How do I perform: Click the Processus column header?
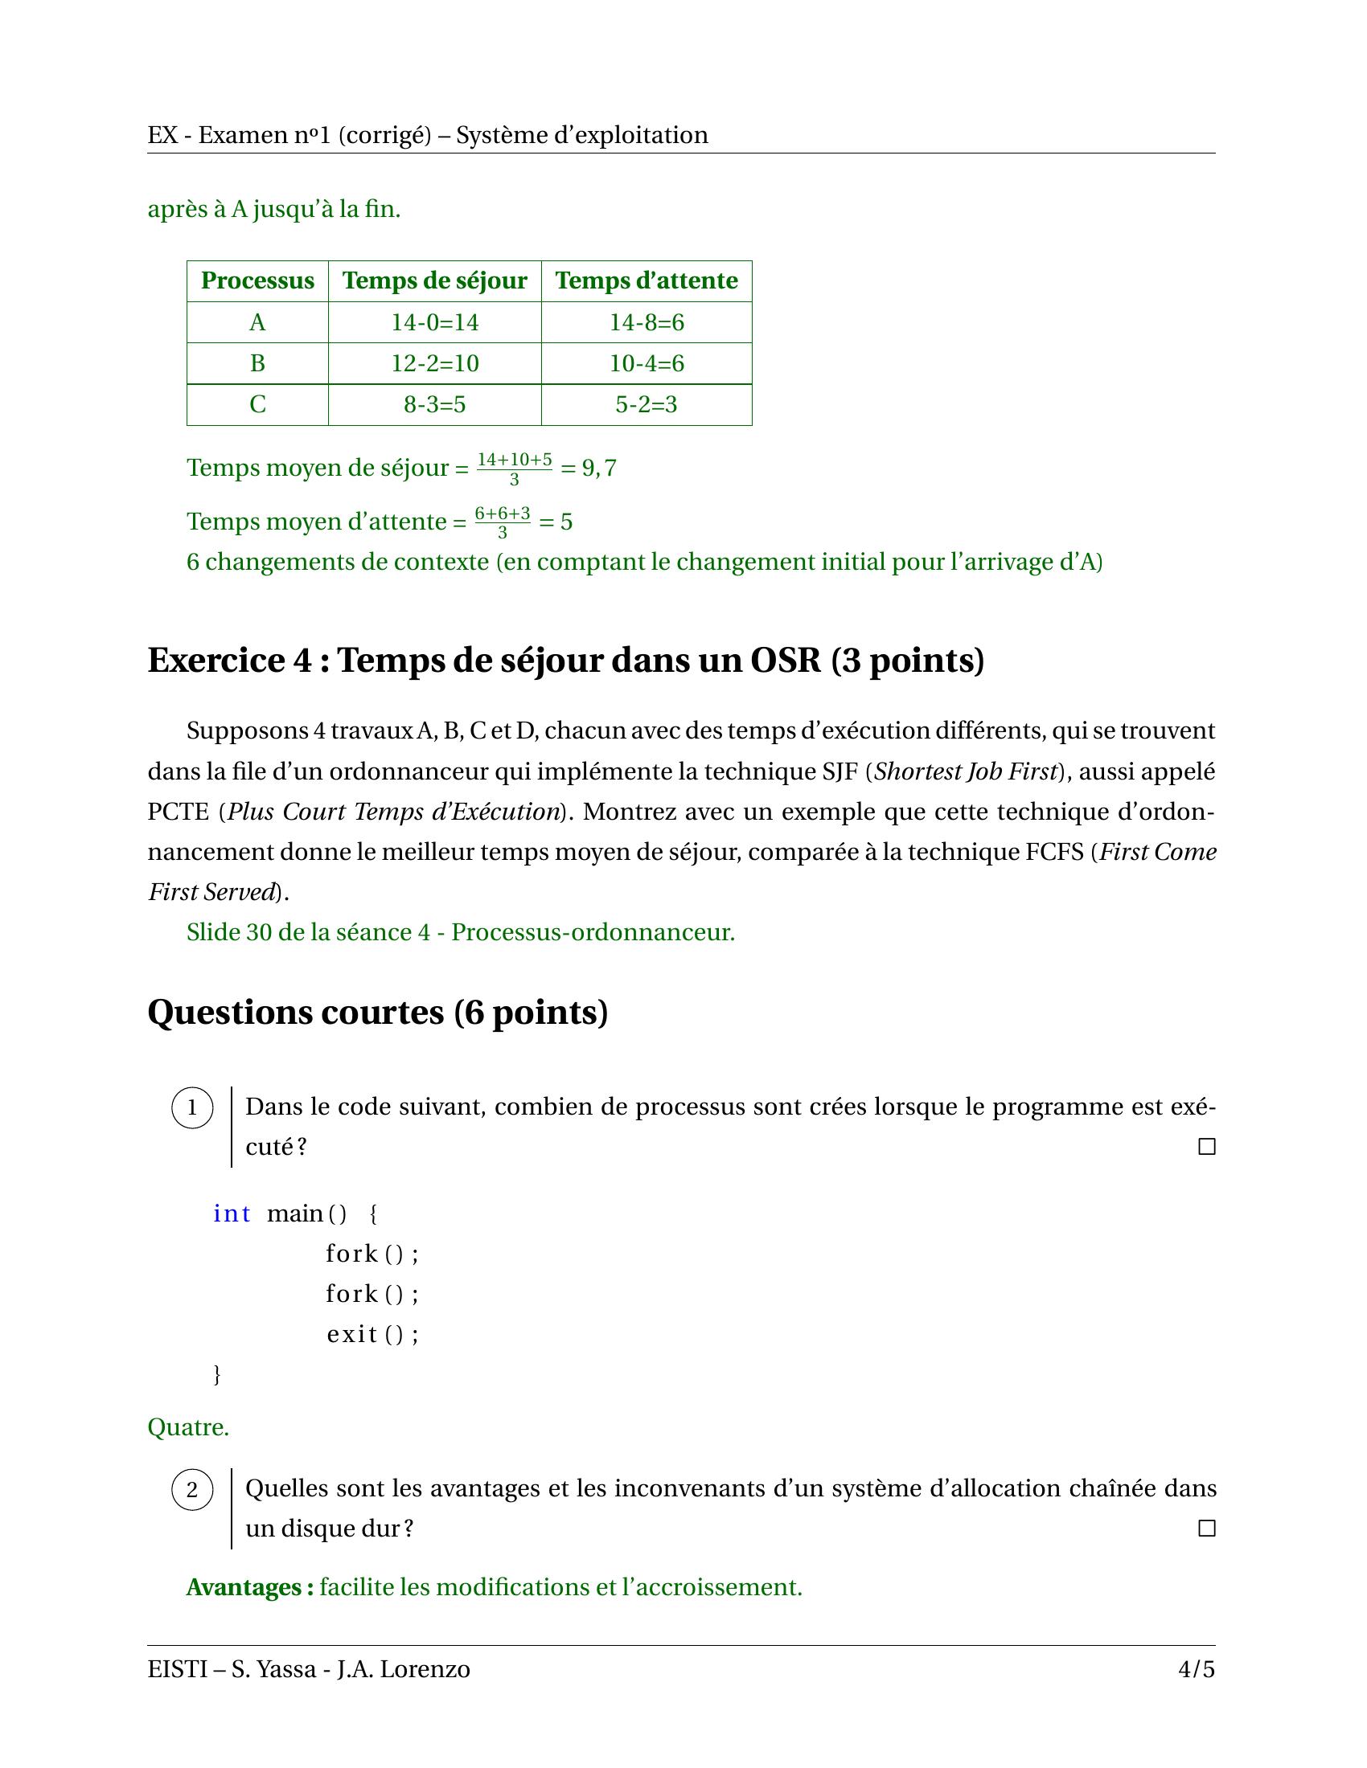click(257, 281)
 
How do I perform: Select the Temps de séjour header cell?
click(434, 281)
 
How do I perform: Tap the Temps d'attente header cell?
click(647, 281)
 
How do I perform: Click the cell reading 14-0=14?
click(434, 322)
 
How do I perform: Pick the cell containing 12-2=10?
click(434, 362)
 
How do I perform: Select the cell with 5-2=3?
click(647, 404)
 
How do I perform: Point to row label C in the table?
click(257, 404)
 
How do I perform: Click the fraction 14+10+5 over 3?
click(515, 469)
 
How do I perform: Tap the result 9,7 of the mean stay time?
click(599, 468)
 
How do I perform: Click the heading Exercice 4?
click(565, 661)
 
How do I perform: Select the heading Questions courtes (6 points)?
click(377, 1012)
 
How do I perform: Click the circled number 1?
click(192, 1107)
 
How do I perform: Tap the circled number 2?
click(192, 1489)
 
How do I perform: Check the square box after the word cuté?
click(1207, 1146)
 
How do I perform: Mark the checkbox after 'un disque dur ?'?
click(1207, 1529)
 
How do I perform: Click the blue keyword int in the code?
click(232, 1213)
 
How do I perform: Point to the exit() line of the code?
click(372, 1334)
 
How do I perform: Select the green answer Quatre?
click(188, 1427)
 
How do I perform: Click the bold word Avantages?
click(249, 1587)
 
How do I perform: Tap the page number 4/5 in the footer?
click(1197, 1669)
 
